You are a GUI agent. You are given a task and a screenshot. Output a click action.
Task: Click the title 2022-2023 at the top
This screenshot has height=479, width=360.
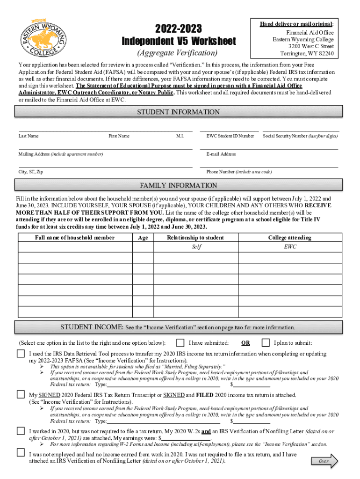point(179,28)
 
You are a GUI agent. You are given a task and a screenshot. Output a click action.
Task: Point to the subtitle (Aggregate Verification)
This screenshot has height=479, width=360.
point(179,52)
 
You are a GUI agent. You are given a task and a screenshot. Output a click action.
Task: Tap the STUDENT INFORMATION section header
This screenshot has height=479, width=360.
point(178,112)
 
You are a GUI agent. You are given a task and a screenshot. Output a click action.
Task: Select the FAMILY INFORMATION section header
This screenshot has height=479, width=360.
point(178,185)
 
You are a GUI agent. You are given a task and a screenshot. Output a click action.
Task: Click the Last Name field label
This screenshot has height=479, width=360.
point(29,136)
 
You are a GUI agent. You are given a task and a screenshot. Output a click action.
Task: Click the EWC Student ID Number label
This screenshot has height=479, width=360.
point(230,136)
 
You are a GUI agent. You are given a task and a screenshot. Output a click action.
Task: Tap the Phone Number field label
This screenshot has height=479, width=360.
point(239,172)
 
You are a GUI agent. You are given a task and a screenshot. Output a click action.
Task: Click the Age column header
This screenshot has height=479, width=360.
point(143,238)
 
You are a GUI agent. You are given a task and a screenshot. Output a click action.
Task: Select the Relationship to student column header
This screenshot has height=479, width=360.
point(195,238)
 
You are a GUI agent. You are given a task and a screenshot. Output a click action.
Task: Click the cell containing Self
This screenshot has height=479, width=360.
point(195,247)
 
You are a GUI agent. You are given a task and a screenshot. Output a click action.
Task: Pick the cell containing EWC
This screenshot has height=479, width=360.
point(290,247)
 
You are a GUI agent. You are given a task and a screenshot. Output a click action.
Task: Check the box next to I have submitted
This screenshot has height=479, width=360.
point(180,342)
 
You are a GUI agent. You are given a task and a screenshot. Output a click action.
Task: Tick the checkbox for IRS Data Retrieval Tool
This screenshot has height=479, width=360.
point(21,354)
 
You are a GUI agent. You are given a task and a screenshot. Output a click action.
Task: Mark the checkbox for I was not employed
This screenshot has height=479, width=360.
point(21,452)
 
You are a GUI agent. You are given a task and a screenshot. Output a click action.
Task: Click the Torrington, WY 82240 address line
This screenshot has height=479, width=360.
point(307,53)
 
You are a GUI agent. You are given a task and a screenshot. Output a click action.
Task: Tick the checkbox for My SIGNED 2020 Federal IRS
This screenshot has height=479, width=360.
point(21,394)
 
